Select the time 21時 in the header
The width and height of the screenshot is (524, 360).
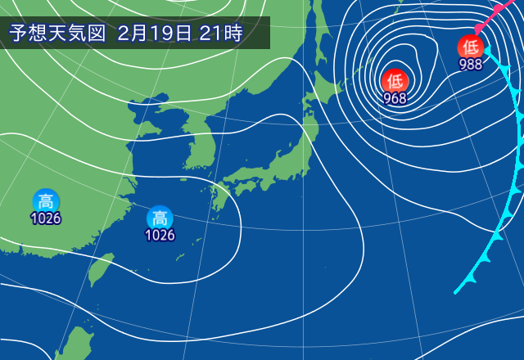point(221,34)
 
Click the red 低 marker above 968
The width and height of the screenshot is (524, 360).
point(395,80)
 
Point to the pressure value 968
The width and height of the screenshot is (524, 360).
point(395,98)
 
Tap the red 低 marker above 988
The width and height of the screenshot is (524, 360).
point(471,47)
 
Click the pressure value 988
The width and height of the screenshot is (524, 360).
point(471,65)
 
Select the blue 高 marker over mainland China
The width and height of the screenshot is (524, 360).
point(46,200)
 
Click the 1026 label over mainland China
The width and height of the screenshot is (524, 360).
point(46,218)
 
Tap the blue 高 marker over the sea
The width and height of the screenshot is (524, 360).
point(160,218)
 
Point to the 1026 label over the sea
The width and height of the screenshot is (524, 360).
point(160,236)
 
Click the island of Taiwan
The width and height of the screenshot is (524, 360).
point(101,269)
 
